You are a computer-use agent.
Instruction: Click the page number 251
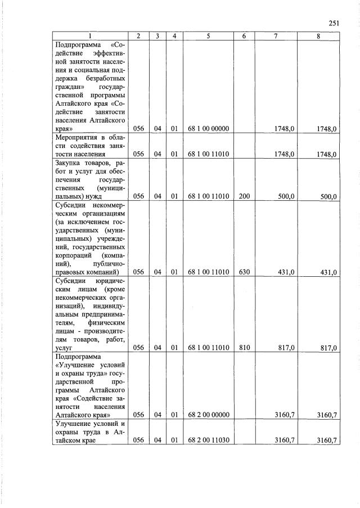pos(334,23)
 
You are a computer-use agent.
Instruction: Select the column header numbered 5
pos(208,36)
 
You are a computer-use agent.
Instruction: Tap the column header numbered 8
pos(318,36)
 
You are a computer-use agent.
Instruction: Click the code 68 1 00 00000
pos(208,129)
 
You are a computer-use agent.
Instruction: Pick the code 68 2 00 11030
pos(208,440)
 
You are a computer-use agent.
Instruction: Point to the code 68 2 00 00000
pos(208,415)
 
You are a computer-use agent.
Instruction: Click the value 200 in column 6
pos(244,196)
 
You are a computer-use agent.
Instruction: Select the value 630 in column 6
pos(244,272)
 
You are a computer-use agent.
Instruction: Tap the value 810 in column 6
pos(244,348)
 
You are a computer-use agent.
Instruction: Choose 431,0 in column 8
pos(328,273)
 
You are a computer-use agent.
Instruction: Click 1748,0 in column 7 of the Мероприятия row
pos(285,154)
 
